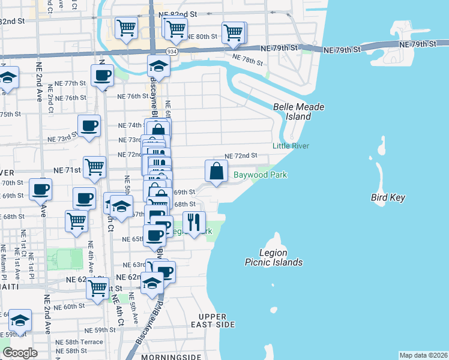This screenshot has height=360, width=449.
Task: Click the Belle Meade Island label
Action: [x=298, y=112]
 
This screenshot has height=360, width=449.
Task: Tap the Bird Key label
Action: [x=388, y=197]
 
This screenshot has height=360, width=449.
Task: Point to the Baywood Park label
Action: [x=260, y=175]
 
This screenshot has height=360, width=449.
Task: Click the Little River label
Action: [x=291, y=146]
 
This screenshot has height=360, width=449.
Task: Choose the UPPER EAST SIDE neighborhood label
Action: [x=212, y=320]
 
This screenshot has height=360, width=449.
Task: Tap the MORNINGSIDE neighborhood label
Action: [x=170, y=357]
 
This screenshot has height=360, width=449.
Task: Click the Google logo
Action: [x=20, y=353]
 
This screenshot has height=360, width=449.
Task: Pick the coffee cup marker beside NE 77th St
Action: [x=102, y=76]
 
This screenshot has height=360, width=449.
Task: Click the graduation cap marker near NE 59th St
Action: [x=20, y=320]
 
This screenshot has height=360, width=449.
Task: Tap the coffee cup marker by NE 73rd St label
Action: [x=89, y=126]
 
